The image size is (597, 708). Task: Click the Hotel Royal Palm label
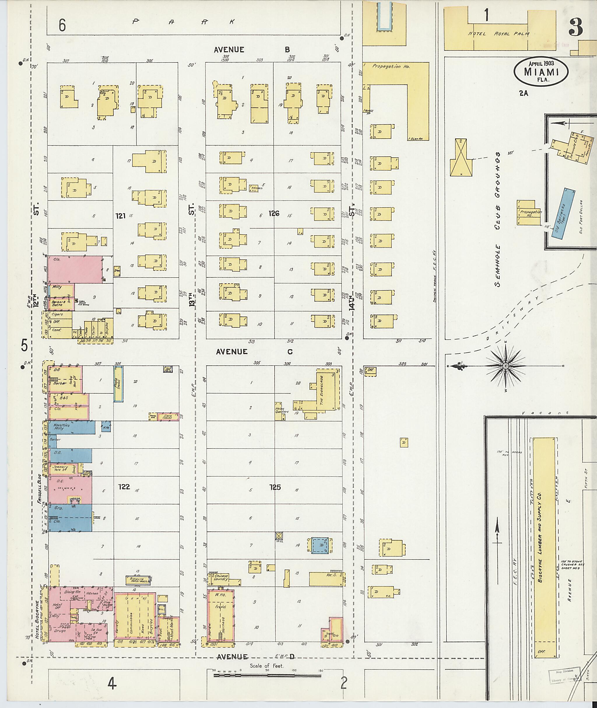499,34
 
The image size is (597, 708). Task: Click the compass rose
505,366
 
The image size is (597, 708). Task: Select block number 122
124,487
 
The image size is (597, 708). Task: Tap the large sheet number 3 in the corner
575,27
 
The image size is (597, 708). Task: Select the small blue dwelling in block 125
319,546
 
